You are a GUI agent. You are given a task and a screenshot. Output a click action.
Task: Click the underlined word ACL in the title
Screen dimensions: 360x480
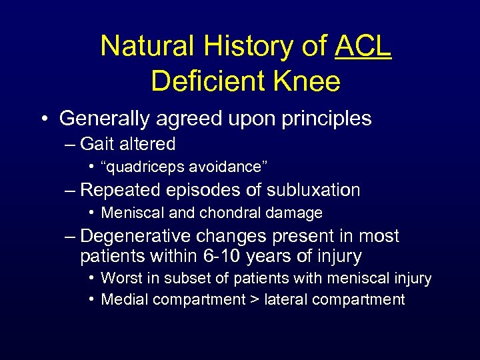[x=363, y=46]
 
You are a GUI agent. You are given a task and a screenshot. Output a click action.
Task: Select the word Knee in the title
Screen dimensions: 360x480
[x=311, y=81]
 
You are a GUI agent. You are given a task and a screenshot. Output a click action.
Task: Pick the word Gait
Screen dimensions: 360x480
[x=94, y=144]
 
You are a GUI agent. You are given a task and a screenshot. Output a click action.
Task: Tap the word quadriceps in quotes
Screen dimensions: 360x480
[x=143, y=167]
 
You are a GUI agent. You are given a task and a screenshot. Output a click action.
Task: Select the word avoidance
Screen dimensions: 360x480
[x=224, y=167]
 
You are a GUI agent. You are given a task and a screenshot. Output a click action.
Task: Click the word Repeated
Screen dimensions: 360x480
[x=119, y=190]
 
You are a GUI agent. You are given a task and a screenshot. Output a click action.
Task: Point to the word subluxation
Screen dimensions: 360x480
[x=313, y=190]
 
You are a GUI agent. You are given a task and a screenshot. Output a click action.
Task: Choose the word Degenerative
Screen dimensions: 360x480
[x=137, y=236]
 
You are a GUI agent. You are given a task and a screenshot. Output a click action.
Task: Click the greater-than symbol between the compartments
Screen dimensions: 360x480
[x=255, y=300]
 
